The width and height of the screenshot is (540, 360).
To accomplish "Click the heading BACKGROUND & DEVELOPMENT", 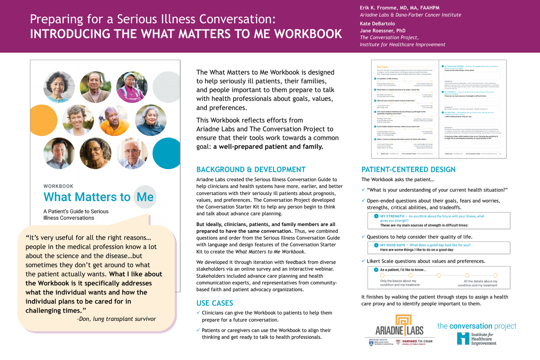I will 251,169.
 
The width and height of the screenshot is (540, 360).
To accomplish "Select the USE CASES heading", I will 215,303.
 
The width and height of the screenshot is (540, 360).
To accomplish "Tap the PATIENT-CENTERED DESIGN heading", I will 408,169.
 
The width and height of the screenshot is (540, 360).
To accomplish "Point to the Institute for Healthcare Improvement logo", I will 477,339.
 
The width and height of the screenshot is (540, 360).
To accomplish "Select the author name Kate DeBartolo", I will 377,24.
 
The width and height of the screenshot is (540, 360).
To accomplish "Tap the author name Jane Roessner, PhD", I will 382,31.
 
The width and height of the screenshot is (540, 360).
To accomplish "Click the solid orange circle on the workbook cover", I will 43,120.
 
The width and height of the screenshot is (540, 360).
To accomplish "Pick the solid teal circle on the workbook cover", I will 167,153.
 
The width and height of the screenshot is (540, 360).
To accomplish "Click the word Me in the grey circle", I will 145,197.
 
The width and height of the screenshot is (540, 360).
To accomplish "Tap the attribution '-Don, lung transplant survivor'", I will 116,319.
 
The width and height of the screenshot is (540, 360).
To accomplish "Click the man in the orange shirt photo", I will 114,120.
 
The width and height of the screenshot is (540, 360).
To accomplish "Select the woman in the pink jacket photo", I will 132,87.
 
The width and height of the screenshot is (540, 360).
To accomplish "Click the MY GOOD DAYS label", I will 392,245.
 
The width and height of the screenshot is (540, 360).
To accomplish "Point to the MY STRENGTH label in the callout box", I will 392,216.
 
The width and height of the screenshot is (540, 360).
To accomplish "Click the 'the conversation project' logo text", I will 477,326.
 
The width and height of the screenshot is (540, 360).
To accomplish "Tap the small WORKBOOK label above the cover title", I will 58,186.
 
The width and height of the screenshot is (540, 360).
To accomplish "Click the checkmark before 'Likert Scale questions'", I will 363,261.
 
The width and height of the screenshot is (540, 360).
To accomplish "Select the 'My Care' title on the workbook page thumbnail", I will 382,67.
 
